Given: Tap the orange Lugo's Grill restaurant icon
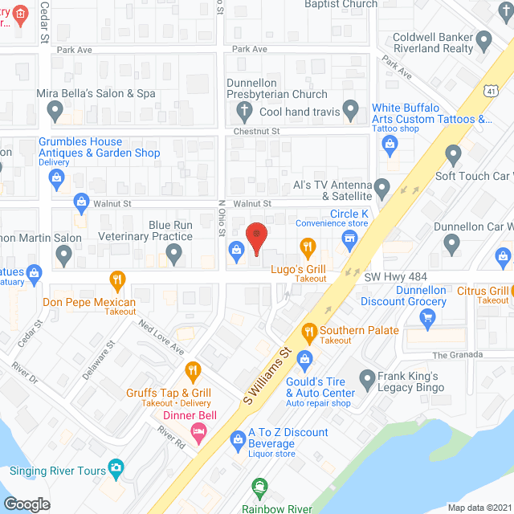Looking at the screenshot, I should [x=306, y=246].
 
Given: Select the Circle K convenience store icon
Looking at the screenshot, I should [x=349, y=239].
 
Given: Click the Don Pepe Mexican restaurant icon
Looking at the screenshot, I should [x=118, y=279].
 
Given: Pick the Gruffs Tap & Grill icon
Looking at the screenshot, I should [x=192, y=371].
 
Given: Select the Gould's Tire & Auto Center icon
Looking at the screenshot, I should [x=304, y=358].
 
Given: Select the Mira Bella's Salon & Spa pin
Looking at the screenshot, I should [x=55, y=109].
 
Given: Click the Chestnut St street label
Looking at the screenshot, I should [x=255, y=131].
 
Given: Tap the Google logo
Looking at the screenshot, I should [x=27, y=504].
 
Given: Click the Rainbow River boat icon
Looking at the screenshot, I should [x=259, y=487].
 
